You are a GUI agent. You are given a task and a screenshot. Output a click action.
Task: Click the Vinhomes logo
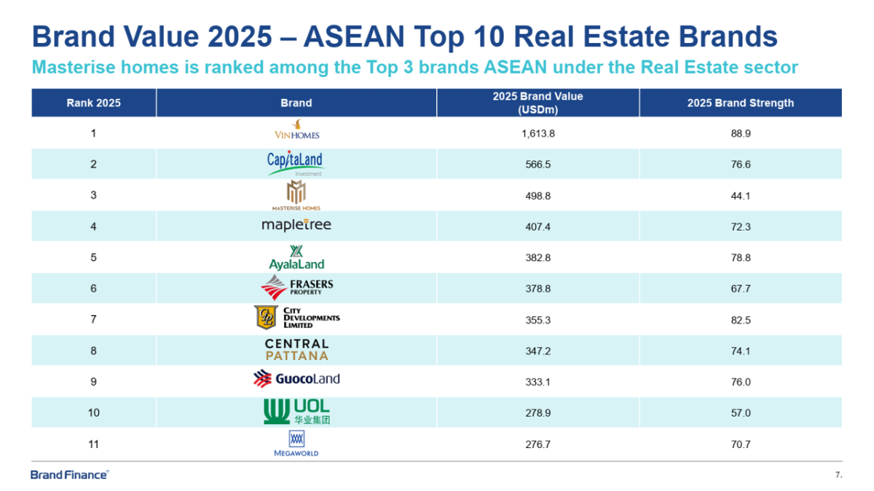[296, 130]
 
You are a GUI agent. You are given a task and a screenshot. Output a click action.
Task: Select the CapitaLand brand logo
[296, 163]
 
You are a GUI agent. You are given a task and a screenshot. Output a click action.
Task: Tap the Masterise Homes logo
[296, 196]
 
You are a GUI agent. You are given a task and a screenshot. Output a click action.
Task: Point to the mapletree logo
[296, 225]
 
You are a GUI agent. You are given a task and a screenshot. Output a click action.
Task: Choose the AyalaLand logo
[296, 258]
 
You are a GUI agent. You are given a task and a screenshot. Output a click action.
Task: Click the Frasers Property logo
[296, 288]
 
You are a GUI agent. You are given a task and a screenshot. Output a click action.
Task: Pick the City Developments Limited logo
[296, 318]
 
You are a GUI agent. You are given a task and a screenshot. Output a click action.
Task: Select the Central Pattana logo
[296, 349]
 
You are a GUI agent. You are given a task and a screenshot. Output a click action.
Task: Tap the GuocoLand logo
[296, 379]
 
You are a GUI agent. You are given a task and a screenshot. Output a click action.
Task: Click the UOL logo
[296, 412]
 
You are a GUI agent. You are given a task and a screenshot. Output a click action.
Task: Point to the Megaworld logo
[296, 443]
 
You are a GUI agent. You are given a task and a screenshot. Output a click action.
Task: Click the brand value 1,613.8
[538, 134]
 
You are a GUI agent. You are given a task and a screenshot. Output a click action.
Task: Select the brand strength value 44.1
[740, 196]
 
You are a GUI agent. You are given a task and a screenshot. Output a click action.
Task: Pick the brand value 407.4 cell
[538, 227]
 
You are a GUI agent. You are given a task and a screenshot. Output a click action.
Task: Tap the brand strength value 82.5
[740, 319]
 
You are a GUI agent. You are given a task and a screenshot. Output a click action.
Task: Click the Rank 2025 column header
[93, 103]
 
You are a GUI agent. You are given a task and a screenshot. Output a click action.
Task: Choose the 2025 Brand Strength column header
[740, 103]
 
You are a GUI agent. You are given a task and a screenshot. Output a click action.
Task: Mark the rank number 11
[93, 444]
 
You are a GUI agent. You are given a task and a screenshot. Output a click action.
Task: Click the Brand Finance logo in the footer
[70, 475]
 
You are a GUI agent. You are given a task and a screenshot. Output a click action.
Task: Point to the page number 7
[838, 475]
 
